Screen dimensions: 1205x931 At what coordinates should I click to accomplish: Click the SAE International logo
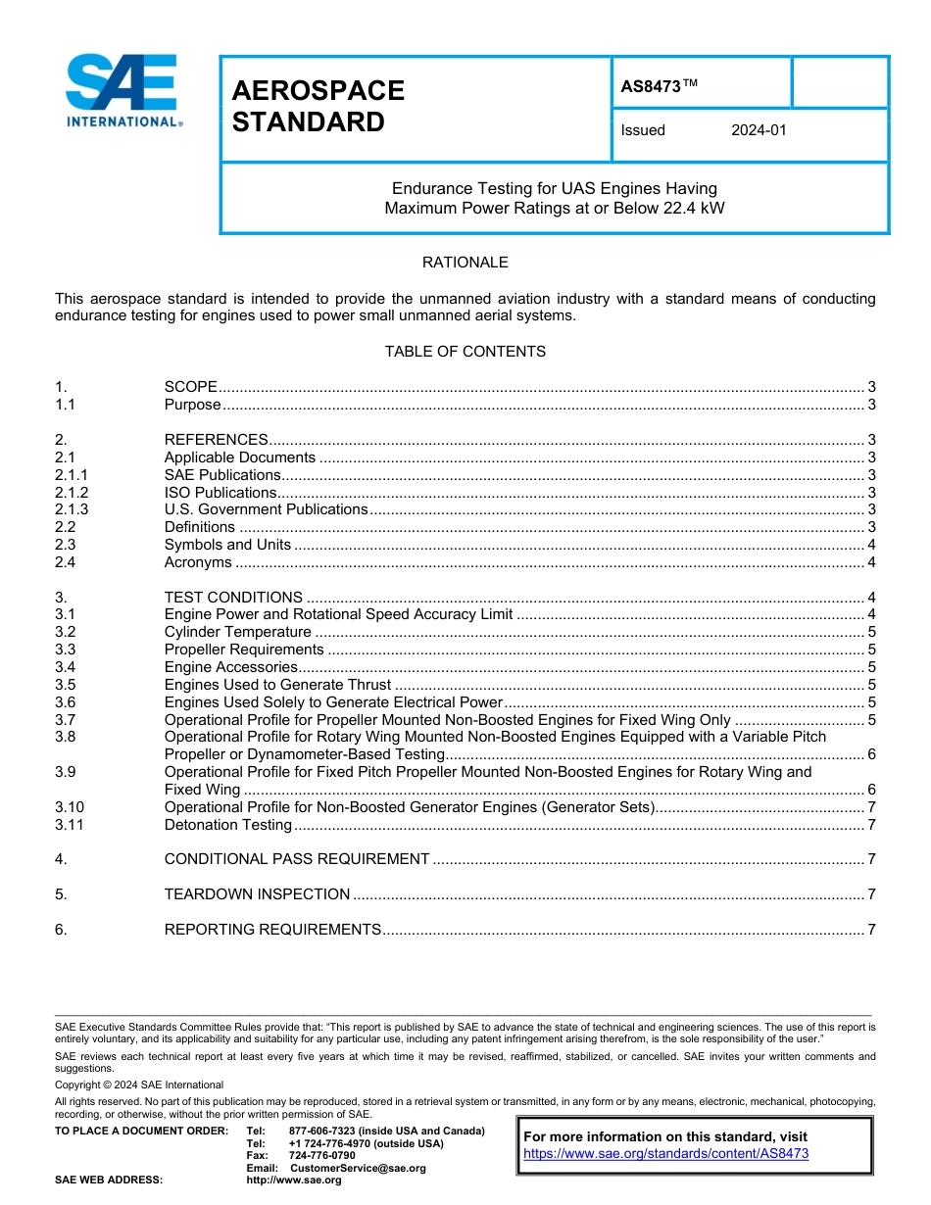[122, 90]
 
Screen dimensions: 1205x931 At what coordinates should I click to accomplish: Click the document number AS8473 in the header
[652, 86]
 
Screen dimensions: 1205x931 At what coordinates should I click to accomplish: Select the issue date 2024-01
[759, 130]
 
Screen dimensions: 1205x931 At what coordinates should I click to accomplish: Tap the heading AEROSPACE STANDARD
[318, 106]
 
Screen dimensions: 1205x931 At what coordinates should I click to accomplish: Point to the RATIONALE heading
[465, 263]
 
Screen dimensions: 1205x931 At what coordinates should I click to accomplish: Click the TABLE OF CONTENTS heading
[465, 352]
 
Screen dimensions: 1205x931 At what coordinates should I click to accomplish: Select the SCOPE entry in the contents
[191, 388]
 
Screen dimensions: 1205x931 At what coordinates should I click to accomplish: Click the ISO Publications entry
[220, 493]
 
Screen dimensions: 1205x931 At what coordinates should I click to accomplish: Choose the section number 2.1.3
[72, 509]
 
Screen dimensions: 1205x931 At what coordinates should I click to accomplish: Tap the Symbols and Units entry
[227, 545]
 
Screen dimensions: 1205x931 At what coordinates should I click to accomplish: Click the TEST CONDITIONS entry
[233, 598]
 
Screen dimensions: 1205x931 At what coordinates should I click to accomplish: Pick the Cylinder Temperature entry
[237, 632]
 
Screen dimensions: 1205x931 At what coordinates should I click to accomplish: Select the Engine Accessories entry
[230, 667]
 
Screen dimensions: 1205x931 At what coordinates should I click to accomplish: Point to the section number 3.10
[70, 807]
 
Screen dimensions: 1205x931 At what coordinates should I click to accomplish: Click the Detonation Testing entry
[228, 825]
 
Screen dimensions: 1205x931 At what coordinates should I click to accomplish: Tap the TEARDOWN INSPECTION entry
[257, 894]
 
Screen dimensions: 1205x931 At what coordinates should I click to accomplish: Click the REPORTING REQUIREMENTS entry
[272, 930]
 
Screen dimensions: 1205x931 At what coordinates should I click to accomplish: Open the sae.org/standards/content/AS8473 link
[665, 1154]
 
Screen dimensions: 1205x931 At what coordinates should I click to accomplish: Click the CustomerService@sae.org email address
[358, 1168]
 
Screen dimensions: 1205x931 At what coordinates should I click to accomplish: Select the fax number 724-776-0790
[322, 1156]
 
